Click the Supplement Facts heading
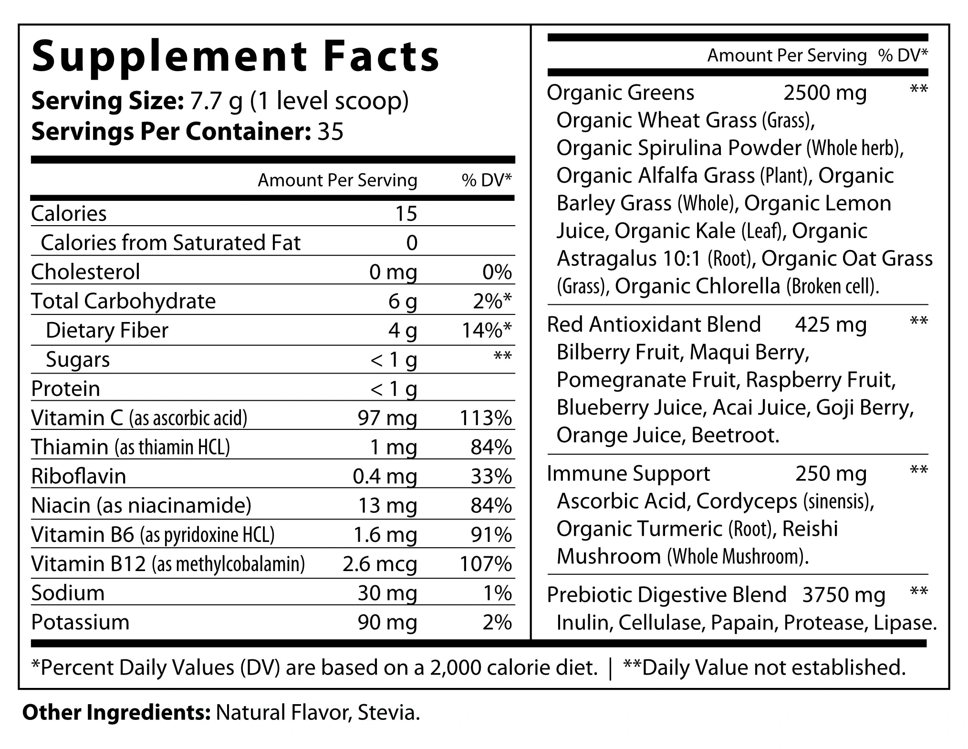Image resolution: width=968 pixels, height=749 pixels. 235,56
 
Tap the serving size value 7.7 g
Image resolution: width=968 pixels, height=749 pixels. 216,101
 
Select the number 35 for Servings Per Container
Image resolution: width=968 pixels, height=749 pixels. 330,131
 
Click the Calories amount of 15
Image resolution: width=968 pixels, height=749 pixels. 406,214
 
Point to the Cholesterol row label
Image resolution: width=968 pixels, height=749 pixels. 85,272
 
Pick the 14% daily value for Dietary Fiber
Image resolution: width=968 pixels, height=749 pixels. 486,330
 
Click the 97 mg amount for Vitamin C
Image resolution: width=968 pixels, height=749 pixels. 387,418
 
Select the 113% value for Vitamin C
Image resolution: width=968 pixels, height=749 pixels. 486,418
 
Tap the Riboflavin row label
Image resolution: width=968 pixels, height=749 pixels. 78,476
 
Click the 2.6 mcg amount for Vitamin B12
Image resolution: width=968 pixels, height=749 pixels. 379,564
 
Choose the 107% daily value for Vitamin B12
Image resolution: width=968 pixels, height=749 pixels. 486,564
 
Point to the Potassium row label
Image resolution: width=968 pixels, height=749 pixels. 80,622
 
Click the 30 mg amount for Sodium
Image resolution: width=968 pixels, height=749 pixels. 387,593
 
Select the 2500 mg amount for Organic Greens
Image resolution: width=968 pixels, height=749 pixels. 824,93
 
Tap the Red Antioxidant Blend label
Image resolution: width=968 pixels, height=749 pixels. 654,325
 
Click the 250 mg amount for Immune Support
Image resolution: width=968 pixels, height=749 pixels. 831,474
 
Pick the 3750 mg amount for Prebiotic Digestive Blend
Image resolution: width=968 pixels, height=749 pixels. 843,595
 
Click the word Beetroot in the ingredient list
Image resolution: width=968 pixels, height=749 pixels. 735,435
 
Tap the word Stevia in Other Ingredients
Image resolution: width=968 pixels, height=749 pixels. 388,713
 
